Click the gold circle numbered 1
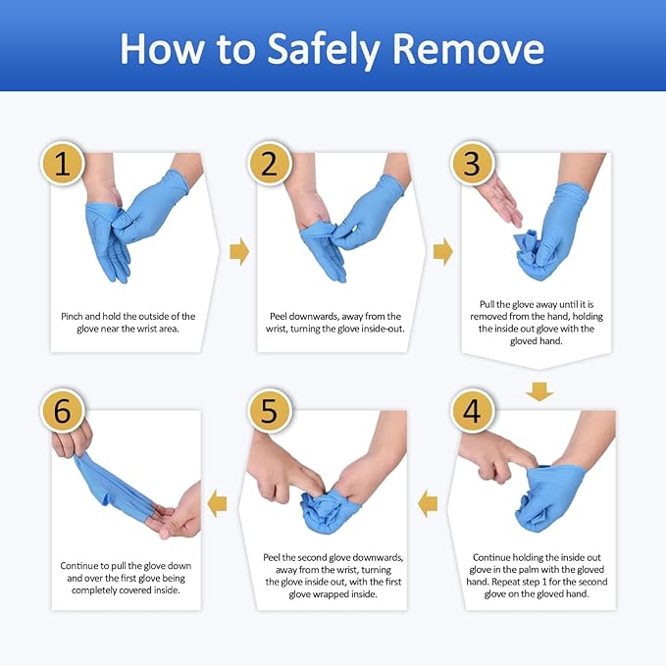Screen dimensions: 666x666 (x=63, y=164)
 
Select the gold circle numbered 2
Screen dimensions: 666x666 (x=269, y=164)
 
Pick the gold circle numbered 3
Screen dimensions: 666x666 (x=472, y=164)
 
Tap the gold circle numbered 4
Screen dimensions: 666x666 (x=472, y=412)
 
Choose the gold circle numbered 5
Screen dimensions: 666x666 (x=269, y=412)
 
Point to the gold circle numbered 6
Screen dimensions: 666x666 (x=63, y=412)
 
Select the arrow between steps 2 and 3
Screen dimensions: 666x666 (x=443, y=253)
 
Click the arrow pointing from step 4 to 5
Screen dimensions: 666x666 (x=428, y=504)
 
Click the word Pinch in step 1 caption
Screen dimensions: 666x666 (x=75, y=317)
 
